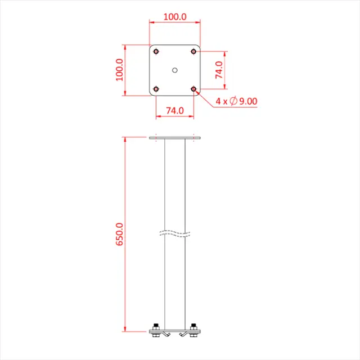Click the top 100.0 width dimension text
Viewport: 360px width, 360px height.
[x=175, y=16]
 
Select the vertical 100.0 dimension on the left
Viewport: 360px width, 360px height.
[x=120, y=70]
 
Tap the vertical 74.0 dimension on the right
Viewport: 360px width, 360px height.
[x=219, y=70]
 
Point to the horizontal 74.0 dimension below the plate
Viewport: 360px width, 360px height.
[x=175, y=111]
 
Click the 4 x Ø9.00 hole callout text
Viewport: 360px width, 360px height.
[x=236, y=101]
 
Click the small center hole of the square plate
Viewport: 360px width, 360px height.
[x=175, y=70]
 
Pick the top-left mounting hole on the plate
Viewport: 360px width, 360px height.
[x=156, y=51]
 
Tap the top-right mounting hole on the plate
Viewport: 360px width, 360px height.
[x=193, y=51]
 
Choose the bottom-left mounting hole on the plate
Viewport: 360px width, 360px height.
[x=156, y=88]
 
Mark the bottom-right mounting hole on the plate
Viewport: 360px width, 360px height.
[x=193, y=88]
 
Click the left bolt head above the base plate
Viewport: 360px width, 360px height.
[x=156, y=326]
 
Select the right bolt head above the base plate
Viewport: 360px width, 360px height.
[x=194, y=326]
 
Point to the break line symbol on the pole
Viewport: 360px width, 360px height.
[x=175, y=232]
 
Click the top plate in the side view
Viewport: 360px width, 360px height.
[x=175, y=138]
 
